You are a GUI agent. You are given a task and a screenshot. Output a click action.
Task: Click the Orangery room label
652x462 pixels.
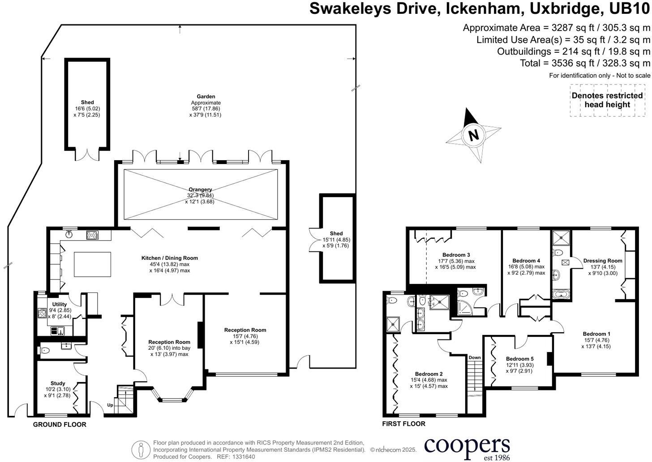pos(200,190)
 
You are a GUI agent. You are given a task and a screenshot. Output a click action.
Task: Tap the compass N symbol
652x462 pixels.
pos(473,135)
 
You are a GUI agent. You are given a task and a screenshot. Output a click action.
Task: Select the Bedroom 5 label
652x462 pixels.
pos(519,359)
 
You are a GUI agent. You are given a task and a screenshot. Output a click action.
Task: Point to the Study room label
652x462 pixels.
pos(58,383)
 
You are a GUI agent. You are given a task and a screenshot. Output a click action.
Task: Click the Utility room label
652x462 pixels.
pos(60,304)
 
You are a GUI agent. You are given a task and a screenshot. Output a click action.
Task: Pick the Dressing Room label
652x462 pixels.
pos(602,261)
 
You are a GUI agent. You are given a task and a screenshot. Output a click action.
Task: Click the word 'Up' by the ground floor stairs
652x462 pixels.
pos(110,405)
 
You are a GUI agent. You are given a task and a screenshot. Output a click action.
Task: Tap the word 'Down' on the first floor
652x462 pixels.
pos(474,358)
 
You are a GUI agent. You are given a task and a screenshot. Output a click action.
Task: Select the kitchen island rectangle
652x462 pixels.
pos(92,264)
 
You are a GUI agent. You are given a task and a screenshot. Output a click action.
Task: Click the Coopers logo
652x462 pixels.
pos(467,447)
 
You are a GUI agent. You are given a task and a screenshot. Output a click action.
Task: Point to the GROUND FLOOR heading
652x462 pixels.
pos(60,424)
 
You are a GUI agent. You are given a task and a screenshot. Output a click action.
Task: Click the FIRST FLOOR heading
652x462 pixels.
pos(403,424)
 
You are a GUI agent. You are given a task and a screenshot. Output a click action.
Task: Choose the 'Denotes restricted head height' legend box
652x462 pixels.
pos(607,100)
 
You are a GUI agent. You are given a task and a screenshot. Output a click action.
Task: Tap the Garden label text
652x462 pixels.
pos(206,97)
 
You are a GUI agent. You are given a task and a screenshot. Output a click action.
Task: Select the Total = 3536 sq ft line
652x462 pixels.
pos(585,63)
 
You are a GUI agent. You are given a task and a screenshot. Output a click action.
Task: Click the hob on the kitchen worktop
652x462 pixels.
pos(93,234)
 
